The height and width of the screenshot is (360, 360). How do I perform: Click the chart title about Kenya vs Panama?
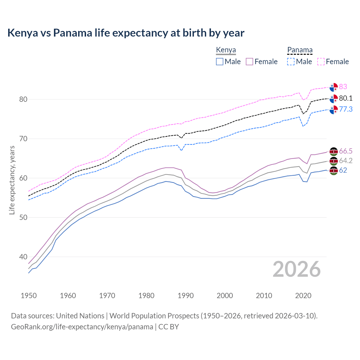click(x=126, y=33)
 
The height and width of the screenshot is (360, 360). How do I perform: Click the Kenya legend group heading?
click(x=226, y=50)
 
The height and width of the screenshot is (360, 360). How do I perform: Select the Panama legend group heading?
click(x=300, y=50)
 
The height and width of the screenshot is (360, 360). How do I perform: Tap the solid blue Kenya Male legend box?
click(x=220, y=62)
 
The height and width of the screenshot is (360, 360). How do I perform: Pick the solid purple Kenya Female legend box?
click(x=249, y=62)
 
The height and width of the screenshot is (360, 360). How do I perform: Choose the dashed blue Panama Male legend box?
click(x=291, y=62)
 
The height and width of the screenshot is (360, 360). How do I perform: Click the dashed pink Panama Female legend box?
click(x=321, y=62)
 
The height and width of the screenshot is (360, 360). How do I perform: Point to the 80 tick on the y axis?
click(x=23, y=99)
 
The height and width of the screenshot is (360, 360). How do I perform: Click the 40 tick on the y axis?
click(x=23, y=257)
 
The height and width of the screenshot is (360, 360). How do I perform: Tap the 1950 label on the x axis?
click(x=29, y=296)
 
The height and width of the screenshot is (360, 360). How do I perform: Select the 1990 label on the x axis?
click(x=186, y=296)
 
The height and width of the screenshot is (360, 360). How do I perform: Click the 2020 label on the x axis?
click(x=303, y=296)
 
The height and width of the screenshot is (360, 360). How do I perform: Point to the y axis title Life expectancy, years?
click(x=12, y=180)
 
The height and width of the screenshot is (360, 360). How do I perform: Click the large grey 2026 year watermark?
click(x=297, y=269)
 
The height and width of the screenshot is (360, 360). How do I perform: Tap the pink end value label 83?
click(x=343, y=87)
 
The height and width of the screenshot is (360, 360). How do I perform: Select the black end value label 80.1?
click(x=346, y=98)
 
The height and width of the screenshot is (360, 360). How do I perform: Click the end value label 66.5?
click(x=346, y=151)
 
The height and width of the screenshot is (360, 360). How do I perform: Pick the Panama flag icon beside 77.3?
click(x=334, y=110)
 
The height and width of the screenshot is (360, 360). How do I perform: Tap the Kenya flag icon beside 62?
click(x=334, y=170)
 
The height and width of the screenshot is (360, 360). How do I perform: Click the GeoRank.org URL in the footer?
click(x=82, y=327)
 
